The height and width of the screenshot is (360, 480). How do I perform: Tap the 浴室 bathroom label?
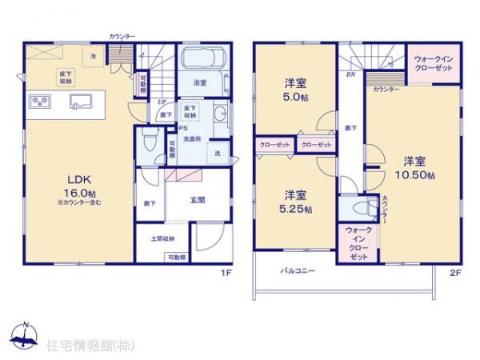(200, 82)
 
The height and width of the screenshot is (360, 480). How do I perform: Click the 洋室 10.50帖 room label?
(418, 167)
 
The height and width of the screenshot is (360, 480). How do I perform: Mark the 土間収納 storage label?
(162, 238)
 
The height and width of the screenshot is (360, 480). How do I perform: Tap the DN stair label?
(350, 74)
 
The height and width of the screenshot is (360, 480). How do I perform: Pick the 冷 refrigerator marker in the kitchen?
(94, 55)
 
